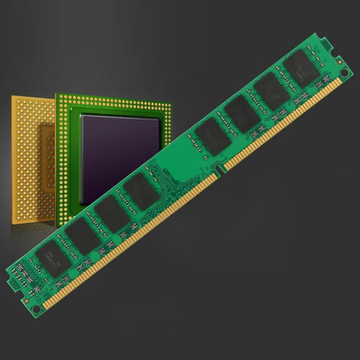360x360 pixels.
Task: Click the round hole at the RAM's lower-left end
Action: pyautogui.click(x=36, y=308)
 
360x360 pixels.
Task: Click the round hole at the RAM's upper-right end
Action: pyautogui.click(x=344, y=73)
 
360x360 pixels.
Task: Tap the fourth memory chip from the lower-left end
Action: pyautogui.click(x=141, y=192)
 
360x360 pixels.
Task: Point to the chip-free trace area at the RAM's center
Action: pyautogui.click(x=176, y=168)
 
